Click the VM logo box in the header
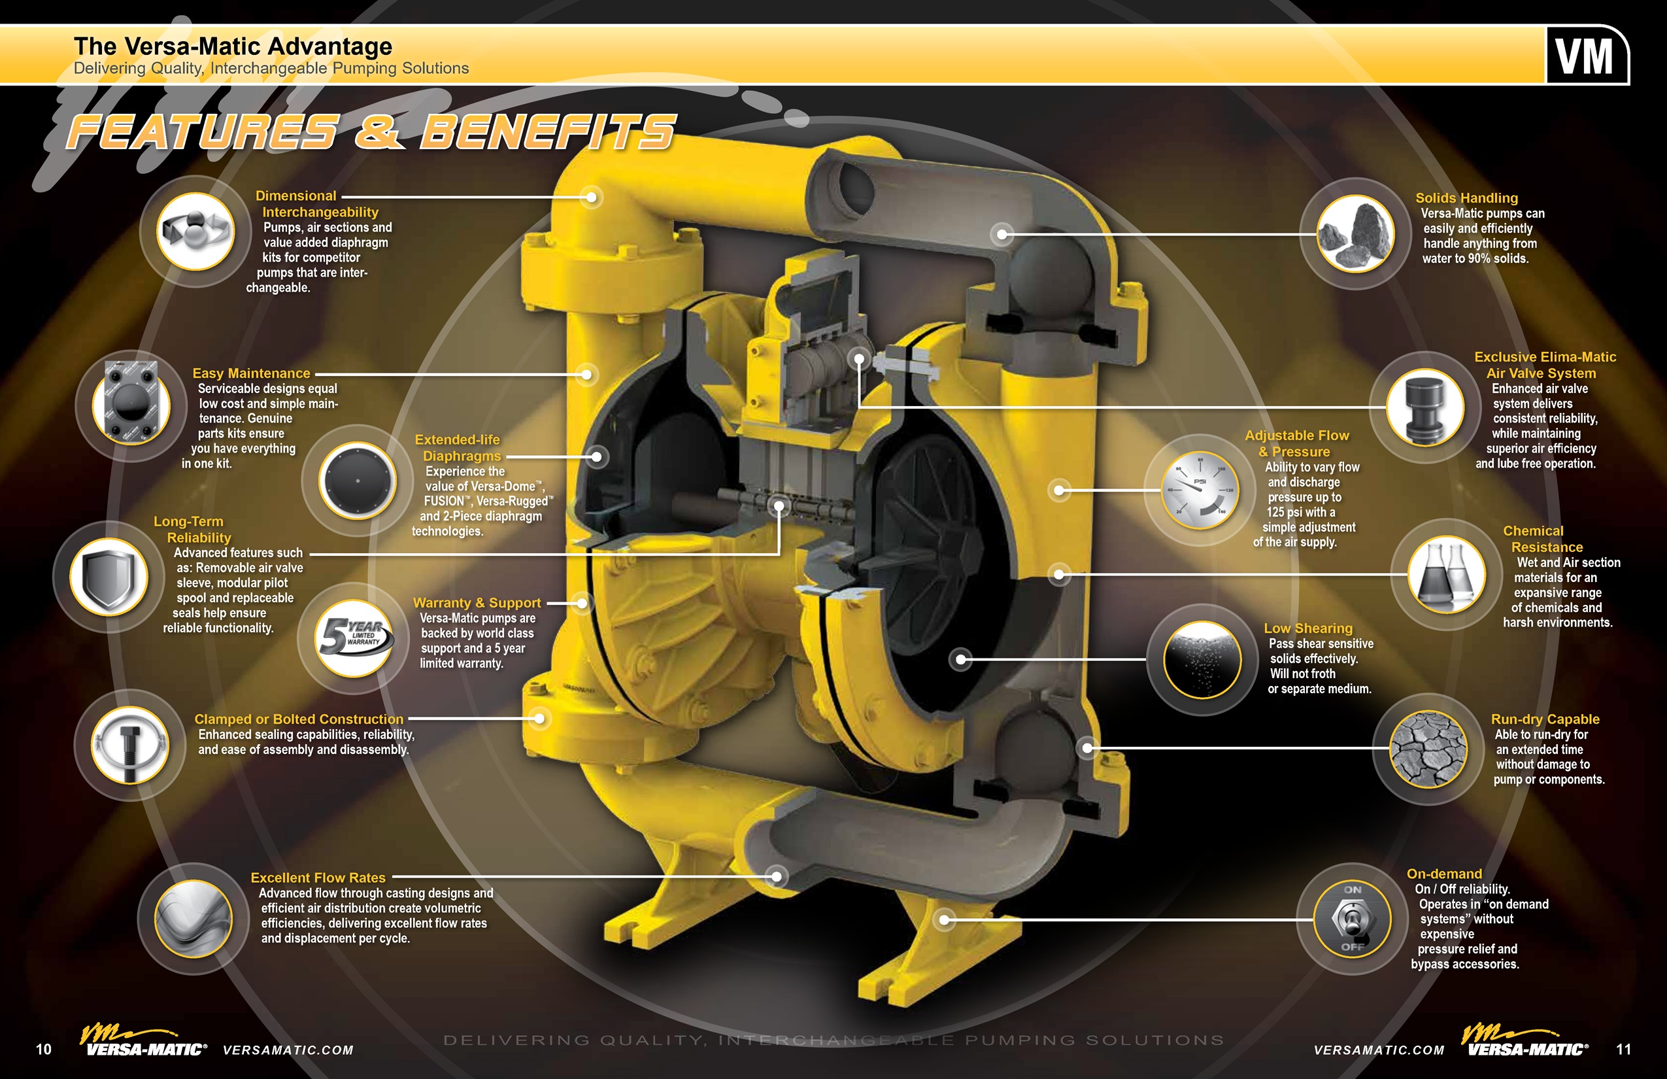click(x=1587, y=56)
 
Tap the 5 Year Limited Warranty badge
click(x=354, y=636)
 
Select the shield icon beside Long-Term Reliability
click(x=109, y=577)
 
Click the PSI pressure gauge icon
click(x=1200, y=490)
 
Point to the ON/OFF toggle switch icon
click(x=1352, y=919)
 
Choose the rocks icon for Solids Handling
click(x=1356, y=233)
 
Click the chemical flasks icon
click(x=1446, y=575)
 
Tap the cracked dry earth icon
click(x=1428, y=749)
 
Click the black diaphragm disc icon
click(x=357, y=481)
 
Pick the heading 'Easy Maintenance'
click(x=252, y=373)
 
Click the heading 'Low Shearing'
click(x=1307, y=628)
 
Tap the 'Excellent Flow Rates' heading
click(x=318, y=877)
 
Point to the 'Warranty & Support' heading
click(x=477, y=602)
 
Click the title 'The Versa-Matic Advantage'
click(x=233, y=46)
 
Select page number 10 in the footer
click(x=43, y=1049)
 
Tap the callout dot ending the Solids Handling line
click(x=1002, y=234)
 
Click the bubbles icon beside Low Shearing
click(x=1202, y=659)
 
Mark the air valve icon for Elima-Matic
click(x=1424, y=407)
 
